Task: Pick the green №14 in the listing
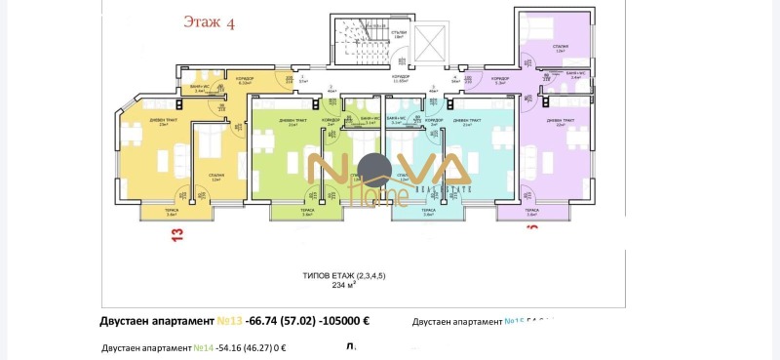[x=203, y=347]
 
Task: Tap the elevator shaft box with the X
[x=428, y=42]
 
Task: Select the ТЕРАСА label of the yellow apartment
[x=172, y=211]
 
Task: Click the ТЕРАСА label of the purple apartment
[x=530, y=211]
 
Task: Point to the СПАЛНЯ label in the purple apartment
[x=561, y=45]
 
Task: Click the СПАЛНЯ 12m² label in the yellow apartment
[x=215, y=178]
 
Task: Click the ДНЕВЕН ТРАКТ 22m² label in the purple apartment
[x=561, y=122]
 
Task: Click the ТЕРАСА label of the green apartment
[x=306, y=211]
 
